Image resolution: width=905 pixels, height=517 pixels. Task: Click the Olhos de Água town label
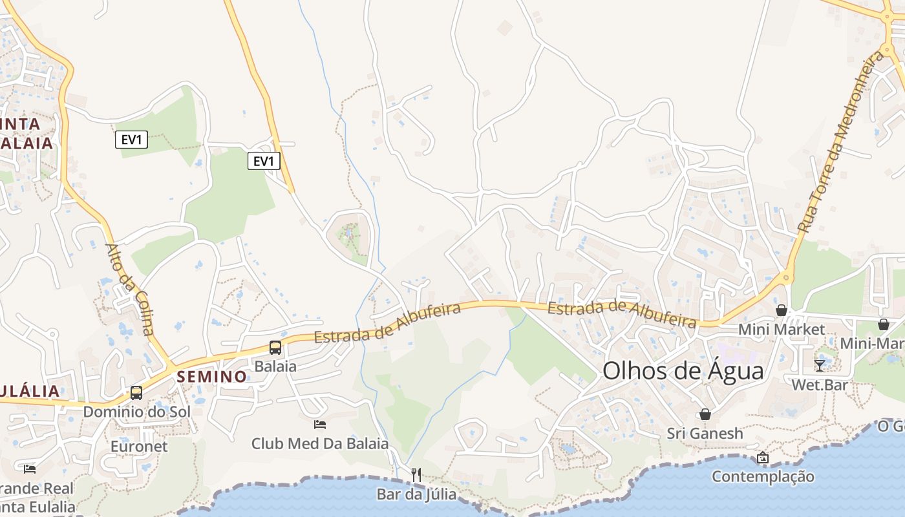point(683,371)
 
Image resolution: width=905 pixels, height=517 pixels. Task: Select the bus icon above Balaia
point(275,348)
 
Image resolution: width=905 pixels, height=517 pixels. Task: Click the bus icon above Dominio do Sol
point(136,392)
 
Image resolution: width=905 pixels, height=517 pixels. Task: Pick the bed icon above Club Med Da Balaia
point(319,425)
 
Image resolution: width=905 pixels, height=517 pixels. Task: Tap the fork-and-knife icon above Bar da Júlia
point(416,475)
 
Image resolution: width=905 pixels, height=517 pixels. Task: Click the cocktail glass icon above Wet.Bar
point(820,365)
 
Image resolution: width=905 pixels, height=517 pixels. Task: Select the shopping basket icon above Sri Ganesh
point(705,414)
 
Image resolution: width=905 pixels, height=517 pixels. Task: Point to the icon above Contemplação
point(763,458)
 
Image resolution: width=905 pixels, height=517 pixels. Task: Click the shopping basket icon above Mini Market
point(782,310)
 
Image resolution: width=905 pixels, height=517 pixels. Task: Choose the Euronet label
point(139,446)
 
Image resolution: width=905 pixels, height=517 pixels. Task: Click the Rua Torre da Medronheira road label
point(840,143)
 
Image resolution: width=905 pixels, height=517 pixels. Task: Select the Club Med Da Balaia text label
point(320,443)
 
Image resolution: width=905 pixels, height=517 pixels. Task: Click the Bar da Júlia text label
point(416,494)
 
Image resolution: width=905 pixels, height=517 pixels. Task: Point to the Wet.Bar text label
point(820,385)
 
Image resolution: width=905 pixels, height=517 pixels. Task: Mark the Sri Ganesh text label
point(705,433)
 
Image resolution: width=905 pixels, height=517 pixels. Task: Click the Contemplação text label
point(763,477)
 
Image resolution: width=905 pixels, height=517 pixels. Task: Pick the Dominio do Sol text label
point(136,412)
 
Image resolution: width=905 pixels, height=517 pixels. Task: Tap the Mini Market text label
point(782,330)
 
